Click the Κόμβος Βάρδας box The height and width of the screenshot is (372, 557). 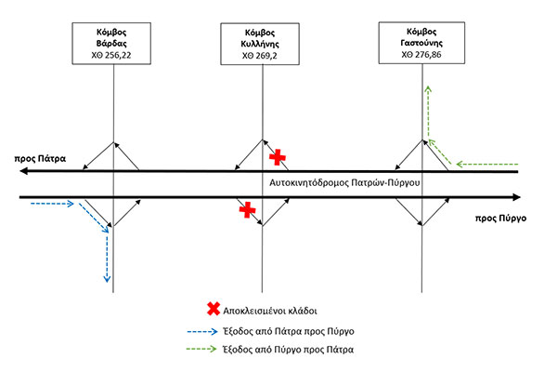113,43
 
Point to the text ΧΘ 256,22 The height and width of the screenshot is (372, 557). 113,56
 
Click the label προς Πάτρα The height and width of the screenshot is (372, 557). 38,158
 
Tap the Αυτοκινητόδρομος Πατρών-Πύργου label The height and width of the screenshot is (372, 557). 348,182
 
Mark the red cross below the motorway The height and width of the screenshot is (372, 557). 247,210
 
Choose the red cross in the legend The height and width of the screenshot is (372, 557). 215,310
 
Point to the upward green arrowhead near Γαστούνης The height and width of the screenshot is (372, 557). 427,87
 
